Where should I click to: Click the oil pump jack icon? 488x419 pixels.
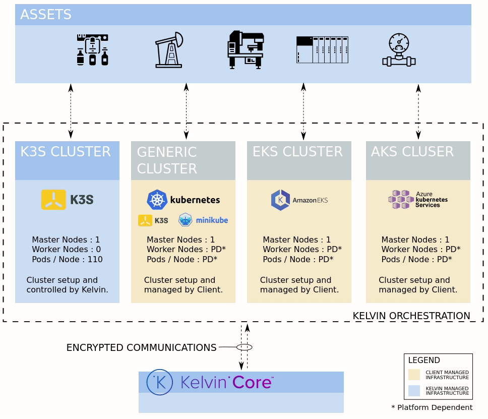pos(169,50)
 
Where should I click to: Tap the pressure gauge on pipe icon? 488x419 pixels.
pos(399,50)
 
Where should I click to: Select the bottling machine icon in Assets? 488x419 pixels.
pos(92,50)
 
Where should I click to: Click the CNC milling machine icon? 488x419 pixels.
pos(246,49)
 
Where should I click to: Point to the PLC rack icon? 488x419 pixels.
pos(322,50)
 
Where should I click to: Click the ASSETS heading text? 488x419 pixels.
pos(45,15)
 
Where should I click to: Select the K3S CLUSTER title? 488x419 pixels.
pos(65,152)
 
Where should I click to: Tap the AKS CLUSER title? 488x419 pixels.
pos(412,152)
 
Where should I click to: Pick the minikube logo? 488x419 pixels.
pos(203,220)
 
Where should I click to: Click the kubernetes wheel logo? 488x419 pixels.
pos(157,200)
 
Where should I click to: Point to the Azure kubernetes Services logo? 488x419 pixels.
pos(418,199)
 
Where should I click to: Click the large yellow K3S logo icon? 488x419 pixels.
pos(53,200)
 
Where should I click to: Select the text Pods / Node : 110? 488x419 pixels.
pos(67,259)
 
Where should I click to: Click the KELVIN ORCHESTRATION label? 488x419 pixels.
pos(411,316)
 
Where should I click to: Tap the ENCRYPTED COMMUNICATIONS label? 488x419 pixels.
pos(141,347)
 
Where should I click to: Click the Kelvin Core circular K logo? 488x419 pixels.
pos(159,382)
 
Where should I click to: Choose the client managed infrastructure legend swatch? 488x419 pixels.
pos(414,375)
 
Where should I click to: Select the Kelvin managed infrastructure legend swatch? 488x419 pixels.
pos(414,391)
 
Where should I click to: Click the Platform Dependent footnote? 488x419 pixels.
pos(432,407)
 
